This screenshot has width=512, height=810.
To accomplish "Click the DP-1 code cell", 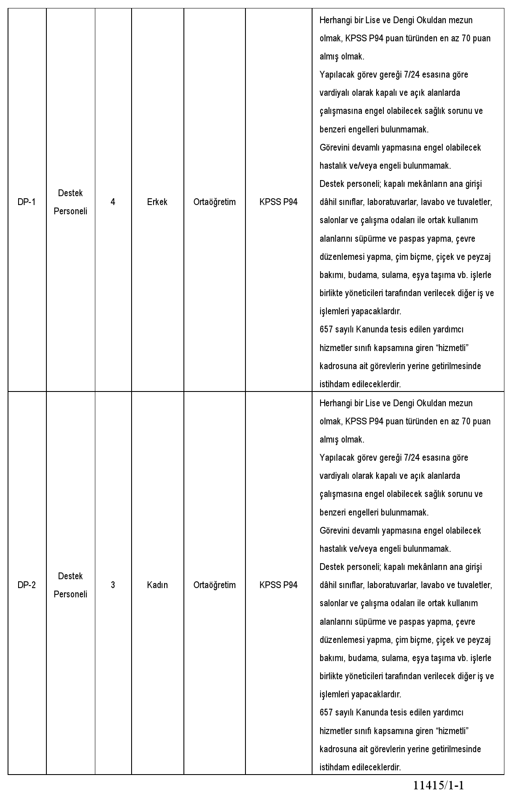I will pos(27,202).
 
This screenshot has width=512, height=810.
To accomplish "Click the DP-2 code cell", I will pos(27,585).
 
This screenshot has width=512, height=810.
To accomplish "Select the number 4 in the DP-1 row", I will pos(113,202).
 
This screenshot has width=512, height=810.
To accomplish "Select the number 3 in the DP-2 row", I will pos(113,585).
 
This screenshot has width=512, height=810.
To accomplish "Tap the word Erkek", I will pos(157,202).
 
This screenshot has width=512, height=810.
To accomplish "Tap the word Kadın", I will pos(157,585).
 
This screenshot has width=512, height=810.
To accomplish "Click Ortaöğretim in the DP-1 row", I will pos(214,202).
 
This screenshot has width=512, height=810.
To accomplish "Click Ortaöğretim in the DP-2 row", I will pos(214,585).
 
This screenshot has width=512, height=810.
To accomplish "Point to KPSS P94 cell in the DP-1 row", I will pos(278,202).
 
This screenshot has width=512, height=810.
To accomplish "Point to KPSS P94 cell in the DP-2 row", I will pos(278,585).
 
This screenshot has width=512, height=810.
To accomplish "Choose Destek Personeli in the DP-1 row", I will pos(70,202).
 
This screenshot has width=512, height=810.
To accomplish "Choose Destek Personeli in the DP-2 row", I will pos(70,585).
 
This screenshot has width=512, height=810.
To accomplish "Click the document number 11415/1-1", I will pos(438,786).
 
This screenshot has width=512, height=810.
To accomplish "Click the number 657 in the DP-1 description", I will pos(326,329).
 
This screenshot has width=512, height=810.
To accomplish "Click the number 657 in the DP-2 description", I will pos(326,713).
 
